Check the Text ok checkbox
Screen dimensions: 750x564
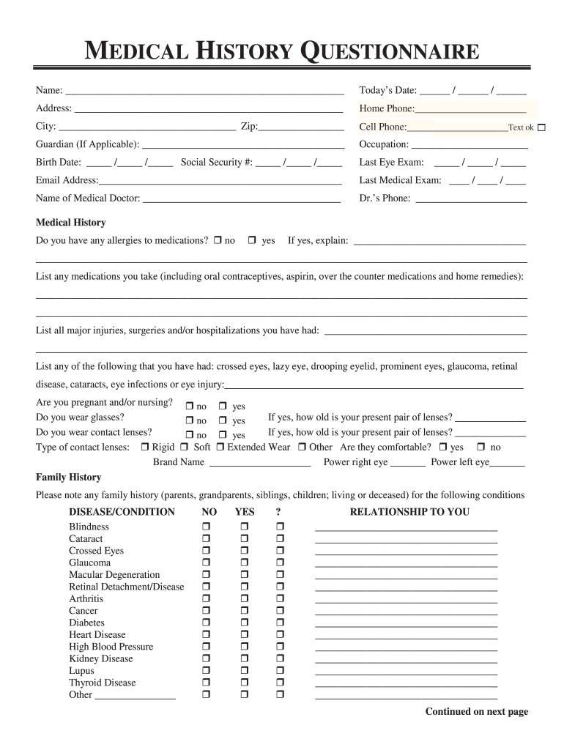coord(541,128)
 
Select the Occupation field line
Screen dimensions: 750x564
coord(470,145)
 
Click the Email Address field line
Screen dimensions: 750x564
coord(220,181)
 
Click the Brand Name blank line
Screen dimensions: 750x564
coord(259,463)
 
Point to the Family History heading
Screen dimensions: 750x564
coord(69,478)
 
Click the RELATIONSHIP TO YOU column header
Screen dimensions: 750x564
coord(409,512)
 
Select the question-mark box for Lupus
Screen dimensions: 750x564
coord(279,671)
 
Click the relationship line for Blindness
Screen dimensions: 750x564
coord(406,528)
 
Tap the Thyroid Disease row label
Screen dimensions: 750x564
coord(103,683)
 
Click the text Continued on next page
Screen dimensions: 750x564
coord(477,712)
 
